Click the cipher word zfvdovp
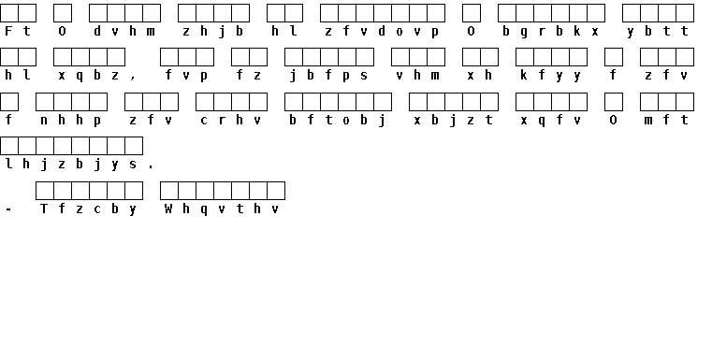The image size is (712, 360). (x=383, y=31)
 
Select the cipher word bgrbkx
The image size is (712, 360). (x=551, y=31)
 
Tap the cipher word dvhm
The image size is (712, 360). (x=124, y=31)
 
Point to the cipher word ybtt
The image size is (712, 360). (x=658, y=31)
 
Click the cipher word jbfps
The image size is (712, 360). (x=328, y=76)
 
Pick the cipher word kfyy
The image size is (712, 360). (x=551, y=76)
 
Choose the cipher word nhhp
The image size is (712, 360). (x=71, y=121)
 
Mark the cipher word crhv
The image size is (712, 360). (x=231, y=121)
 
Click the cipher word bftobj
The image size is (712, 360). (x=338, y=121)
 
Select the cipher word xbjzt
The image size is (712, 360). (x=453, y=121)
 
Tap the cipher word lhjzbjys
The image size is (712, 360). (x=71, y=164)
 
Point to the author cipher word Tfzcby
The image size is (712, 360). (x=89, y=209)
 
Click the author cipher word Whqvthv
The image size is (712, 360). (x=222, y=209)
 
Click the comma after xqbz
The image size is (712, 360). (x=133, y=79)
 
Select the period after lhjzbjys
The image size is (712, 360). (x=151, y=167)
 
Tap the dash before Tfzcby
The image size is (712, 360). (x=8, y=209)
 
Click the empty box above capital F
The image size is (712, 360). (x=9, y=13)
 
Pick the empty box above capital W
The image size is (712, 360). (x=169, y=191)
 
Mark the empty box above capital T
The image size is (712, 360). (x=45, y=191)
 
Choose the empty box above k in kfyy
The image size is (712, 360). (x=525, y=57)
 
